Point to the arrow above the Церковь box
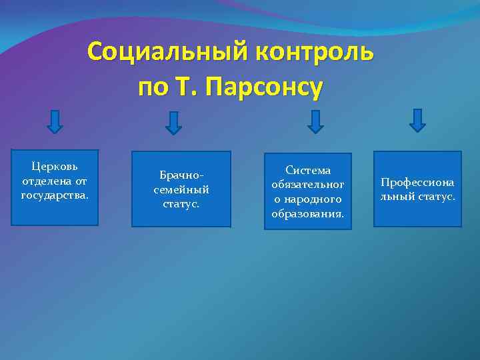55,121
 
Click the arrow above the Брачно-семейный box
173,123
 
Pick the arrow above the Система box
315,121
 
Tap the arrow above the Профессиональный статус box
417,120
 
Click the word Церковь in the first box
55,165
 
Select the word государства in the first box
55,195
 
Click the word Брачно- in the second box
181,175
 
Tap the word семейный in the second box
181,189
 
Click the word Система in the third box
308,171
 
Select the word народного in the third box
313,199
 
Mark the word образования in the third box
308,214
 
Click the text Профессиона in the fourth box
417,182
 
